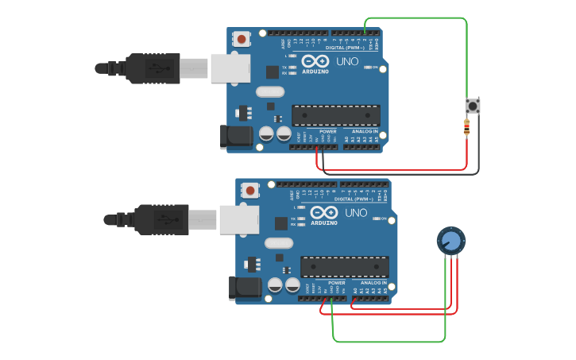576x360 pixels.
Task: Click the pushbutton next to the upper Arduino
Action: pyautogui.click(x=473, y=106)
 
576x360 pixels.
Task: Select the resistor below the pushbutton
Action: pyautogui.click(x=466, y=126)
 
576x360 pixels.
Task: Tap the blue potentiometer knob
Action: pyautogui.click(x=450, y=240)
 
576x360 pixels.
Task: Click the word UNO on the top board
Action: pyautogui.click(x=347, y=62)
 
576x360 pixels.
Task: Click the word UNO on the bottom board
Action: pyautogui.click(x=356, y=213)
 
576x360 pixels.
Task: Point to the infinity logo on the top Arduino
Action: pyautogui.click(x=315, y=62)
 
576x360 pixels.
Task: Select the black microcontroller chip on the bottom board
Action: pyautogui.click(x=344, y=266)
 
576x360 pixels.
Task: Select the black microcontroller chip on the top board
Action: pyautogui.click(x=335, y=115)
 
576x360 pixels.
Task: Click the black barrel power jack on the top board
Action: pyautogui.click(x=236, y=136)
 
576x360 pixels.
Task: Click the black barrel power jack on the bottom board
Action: pyautogui.click(x=245, y=288)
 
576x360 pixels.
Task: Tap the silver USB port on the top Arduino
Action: pyautogui.click(x=230, y=68)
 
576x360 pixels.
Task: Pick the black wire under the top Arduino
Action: pyautogui.click(x=397, y=174)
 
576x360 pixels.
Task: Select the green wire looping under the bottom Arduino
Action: pyautogui.click(x=389, y=342)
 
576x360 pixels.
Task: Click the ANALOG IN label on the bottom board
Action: pyautogui.click(x=373, y=282)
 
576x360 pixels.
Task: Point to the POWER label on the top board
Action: pyautogui.click(x=328, y=131)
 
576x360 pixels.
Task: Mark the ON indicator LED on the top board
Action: pyautogui.click(x=368, y=68)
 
